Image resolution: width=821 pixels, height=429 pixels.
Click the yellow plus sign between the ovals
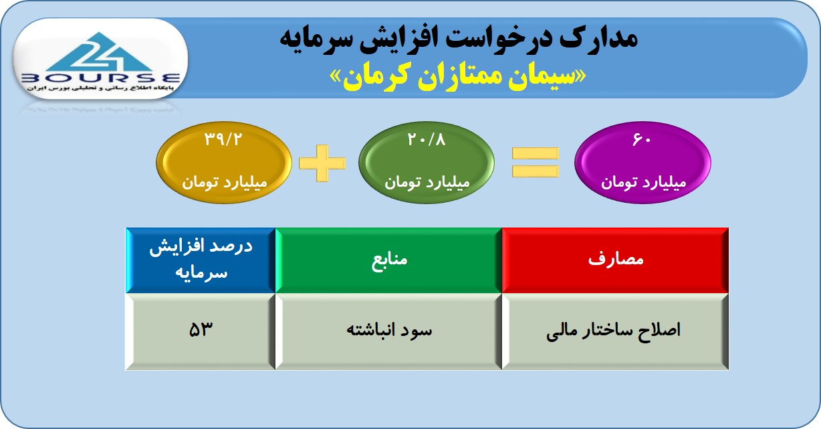click(322, 163)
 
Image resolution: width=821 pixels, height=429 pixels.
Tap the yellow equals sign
click(536, 162)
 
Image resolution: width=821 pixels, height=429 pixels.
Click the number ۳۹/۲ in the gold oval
click(223, 139)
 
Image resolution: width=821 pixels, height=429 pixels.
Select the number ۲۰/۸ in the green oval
click(427, 139)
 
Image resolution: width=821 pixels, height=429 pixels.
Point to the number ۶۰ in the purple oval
click(642, 139)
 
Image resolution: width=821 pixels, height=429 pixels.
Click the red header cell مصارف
click(615, 260)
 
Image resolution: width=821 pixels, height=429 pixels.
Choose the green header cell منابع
click(388, 260)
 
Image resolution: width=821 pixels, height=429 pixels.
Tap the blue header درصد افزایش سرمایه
click(201, 260)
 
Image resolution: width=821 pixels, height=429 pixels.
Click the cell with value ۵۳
click(201, 331)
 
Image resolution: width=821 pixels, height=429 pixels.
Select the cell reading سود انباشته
click(388, 331)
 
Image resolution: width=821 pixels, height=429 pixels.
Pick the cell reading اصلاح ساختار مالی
click(615, 331)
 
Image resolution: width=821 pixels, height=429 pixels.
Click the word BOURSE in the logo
click(100, 78)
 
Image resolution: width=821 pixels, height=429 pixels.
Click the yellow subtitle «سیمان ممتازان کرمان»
click(458, 78)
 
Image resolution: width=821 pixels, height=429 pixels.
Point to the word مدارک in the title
click(598, 38)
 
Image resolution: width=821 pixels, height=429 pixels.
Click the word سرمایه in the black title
click(309, 39)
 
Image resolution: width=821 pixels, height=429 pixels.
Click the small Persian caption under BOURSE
click(100, 88)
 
